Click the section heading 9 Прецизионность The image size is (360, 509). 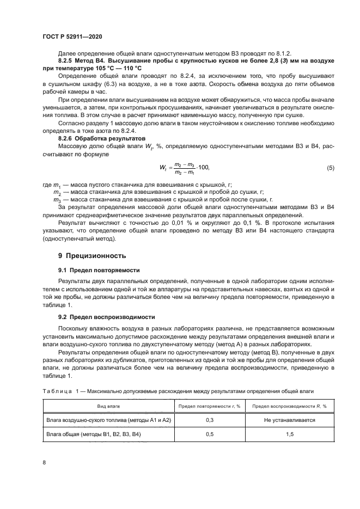(92, 255)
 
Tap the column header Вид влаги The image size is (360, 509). (108, 406)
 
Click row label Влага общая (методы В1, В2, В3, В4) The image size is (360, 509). (94, 435)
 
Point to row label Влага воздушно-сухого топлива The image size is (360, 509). (108, 421)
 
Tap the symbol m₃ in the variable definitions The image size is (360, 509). (57, 200)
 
